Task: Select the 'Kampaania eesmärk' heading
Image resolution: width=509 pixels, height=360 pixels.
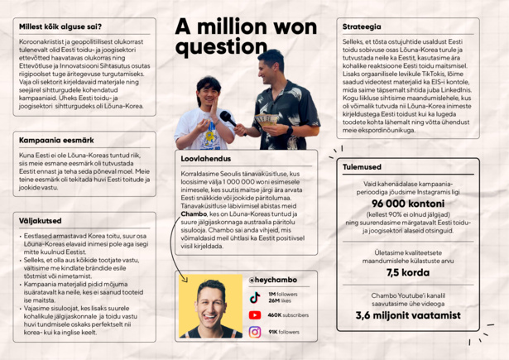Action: (x=55, y=140)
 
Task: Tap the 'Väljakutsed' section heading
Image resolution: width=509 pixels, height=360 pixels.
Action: (x=40, y=221)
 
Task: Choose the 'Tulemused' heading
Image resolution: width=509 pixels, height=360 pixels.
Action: (x=361, y=167)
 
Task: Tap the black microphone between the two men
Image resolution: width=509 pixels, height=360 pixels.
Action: (x=226, y=118)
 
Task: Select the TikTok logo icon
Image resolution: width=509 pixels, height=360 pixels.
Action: (x=255, y=297)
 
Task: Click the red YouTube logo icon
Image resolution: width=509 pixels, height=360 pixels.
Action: (x=255, y=315)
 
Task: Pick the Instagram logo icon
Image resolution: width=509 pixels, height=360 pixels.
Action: (x=255, y=333)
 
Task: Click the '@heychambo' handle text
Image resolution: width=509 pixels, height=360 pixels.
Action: (x=274, y=280)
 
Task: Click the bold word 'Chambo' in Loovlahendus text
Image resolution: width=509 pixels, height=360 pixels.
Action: (x=194, y=214)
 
